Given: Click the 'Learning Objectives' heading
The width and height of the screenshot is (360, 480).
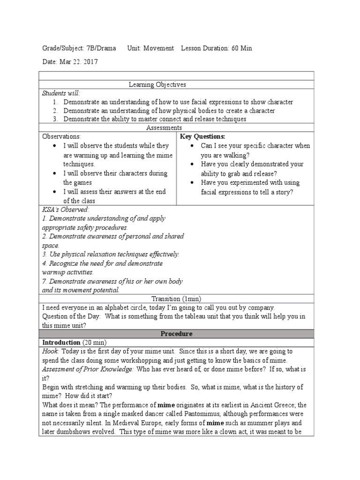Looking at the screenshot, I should click(x=157, y=84).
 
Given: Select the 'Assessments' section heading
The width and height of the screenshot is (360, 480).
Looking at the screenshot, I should click(x=164, y=127).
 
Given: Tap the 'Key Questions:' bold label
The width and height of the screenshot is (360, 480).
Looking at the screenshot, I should click(x=203, y=136).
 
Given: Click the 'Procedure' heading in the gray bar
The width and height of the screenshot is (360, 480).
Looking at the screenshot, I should click(x=176, y=334).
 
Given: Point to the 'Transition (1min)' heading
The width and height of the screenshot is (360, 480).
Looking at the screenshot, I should click(x=176, y=299).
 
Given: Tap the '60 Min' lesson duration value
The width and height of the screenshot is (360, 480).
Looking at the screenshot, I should click(x=241, y=48).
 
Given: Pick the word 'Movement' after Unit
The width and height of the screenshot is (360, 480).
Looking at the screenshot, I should click(x=158, y=48).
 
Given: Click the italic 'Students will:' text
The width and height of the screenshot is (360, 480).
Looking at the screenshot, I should click(x=61, y=93).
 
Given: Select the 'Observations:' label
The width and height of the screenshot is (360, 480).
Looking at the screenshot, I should click(x=62, y=136).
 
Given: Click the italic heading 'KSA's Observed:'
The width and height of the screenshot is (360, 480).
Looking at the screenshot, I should click(x=66, y=210).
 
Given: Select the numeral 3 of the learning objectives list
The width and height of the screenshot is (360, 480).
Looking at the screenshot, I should click(x=55, y=119).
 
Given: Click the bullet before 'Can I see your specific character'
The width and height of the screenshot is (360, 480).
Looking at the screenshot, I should click(x=193, y=146).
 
